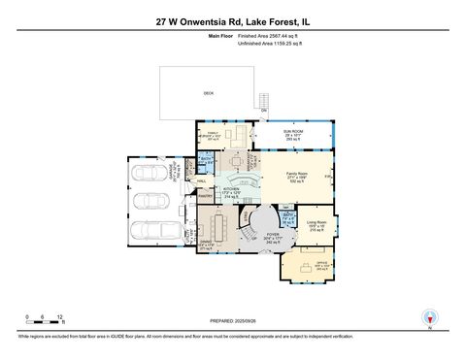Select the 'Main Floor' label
pyautogui.click(x=221, y=35)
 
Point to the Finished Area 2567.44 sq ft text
pyautogui.click(x=270, y=35)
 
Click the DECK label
pyautogui.click(x=208, y=93)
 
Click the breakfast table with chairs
pyautogui.click(x=233, y=158)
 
